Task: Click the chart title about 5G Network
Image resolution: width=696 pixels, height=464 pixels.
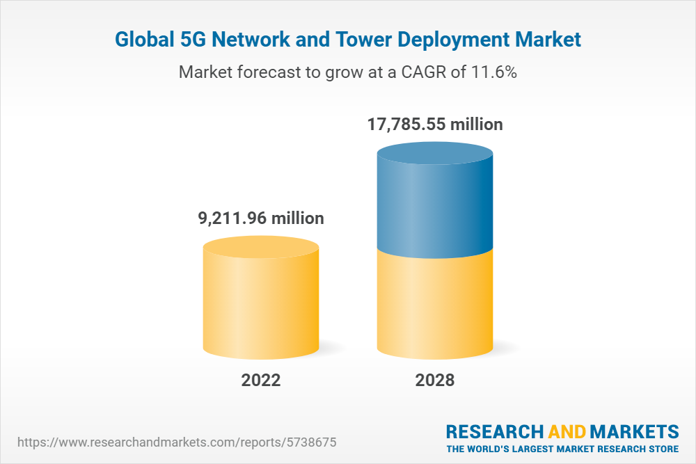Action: [347, 40]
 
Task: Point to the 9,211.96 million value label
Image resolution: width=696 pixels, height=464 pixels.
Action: [261, 218]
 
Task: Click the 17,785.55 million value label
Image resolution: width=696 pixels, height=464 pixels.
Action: [435, 125]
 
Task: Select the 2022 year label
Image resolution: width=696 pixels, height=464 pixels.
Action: [261, 381]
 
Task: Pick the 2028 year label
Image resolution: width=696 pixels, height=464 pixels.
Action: [434, 381]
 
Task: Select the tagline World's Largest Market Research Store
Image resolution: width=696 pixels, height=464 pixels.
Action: [562, 448]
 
